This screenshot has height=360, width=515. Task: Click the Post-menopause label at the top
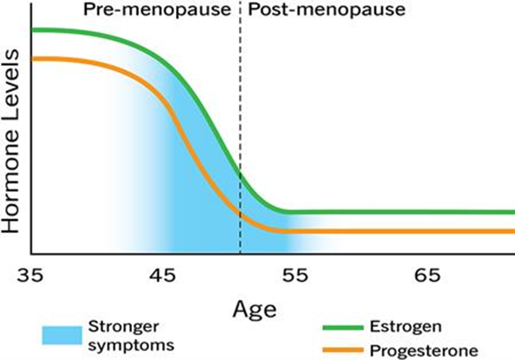[x=316, y=11]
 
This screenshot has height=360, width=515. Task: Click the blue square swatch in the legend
[x=60, y=334]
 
